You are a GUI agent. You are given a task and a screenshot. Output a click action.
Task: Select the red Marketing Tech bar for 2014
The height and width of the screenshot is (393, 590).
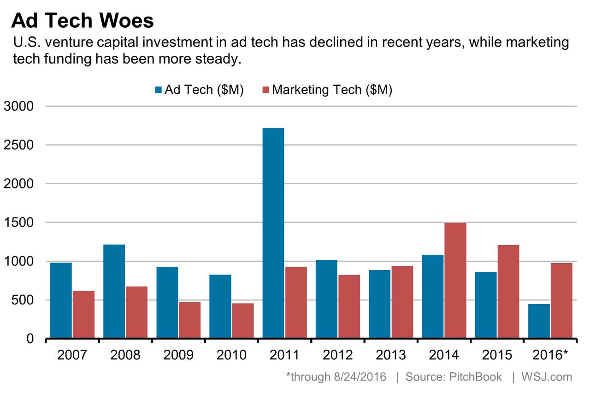[x=455, y=280]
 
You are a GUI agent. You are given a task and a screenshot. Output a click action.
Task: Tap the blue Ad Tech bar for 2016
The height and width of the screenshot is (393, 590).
[x=539, y=321]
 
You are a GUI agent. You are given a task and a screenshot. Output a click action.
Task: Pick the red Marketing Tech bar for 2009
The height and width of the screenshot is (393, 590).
[x=189, y=320]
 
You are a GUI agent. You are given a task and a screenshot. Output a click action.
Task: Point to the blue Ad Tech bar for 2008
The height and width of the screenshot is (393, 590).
[x=114, y=291]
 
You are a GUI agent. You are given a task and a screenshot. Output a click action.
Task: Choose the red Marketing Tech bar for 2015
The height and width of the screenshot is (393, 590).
[x=508, y=291]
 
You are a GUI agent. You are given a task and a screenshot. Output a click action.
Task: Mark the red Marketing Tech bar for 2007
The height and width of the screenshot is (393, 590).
[x=83, y=314]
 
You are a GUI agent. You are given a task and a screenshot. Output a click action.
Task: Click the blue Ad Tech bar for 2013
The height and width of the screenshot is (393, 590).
[x=379, y=304]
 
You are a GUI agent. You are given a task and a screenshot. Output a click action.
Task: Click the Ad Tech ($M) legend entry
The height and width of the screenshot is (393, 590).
[x=199, y=89]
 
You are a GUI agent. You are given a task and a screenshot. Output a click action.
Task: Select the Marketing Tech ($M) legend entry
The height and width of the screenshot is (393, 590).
[x=327, y=89]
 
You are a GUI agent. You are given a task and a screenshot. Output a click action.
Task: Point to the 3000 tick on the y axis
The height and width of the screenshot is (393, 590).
[x=19, y=106]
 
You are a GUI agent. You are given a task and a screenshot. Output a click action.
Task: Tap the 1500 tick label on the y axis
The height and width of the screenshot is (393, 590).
[x=19, y=223]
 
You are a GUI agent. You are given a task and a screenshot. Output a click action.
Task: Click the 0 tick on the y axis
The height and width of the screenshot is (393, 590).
[x=30, y=339]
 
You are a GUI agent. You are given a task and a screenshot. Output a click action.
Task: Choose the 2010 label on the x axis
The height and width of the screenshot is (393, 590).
[x=231, y=355]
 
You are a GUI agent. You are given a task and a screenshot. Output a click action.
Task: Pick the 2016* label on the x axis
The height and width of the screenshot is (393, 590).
[x=550, y=355]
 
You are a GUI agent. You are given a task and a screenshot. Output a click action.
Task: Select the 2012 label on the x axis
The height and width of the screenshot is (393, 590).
[x=337, y=355]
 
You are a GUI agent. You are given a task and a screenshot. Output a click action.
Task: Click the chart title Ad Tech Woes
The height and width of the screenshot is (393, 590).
[x=82, y=21]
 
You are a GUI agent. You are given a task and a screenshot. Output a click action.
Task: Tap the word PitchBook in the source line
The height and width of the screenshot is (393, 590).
[x=476, y=377]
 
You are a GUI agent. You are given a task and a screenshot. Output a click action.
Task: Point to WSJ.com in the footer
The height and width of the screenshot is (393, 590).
[x=547, y=377]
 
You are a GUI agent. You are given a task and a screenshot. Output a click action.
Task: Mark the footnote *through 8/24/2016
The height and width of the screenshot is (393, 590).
[x=336, y=377]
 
